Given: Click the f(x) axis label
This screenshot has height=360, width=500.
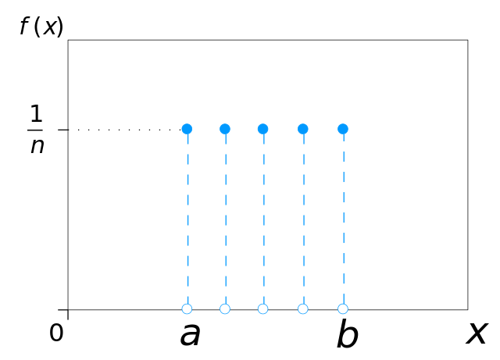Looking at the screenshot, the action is [41, 27].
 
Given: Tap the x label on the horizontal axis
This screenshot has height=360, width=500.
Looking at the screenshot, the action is [477, 333].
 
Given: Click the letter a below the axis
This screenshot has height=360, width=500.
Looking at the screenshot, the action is [191, 334].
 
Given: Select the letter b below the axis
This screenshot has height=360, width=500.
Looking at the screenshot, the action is [347, 333].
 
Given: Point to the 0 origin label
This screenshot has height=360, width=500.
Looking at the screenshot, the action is [56, 333].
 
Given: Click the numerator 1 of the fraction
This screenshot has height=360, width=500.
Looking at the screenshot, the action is [36, 114].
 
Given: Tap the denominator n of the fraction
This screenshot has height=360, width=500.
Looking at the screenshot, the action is [37, 146].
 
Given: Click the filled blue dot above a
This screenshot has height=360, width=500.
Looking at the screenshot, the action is [187, 129].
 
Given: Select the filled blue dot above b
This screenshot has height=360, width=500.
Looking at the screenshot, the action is [343, 129].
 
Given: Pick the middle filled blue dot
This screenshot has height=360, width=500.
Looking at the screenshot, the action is [262, 129].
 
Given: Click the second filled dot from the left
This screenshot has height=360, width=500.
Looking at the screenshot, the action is [225, 129].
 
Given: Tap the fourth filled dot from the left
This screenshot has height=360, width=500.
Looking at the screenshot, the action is [303, 129].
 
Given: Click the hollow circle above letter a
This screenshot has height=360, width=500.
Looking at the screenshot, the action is [187, 308].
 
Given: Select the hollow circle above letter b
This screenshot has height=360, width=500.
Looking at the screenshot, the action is [343, 308].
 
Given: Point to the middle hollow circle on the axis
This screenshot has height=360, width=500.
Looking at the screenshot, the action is [262, 308].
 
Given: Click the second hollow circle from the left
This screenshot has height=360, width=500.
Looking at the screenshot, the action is [225, 308].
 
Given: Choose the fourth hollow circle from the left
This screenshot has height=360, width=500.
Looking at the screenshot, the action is [303, 308].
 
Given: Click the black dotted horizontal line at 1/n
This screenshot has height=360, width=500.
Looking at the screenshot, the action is [129, 130].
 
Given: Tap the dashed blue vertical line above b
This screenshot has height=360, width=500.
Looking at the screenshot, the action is [344, 219].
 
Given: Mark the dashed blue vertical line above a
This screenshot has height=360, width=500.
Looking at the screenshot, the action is [187, 219].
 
